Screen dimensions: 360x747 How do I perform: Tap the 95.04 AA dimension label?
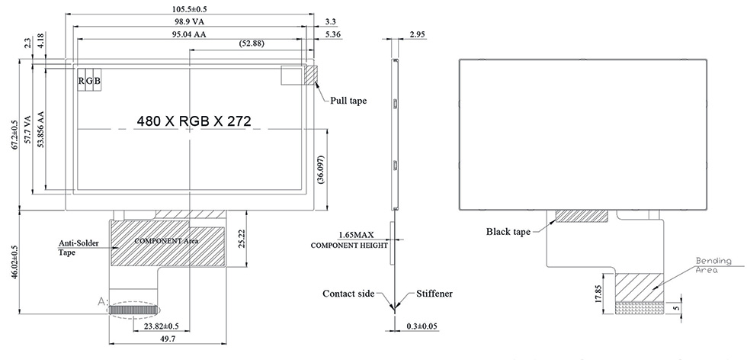(x=188, y=34)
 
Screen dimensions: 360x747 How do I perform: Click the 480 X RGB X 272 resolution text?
(x=194, y=121)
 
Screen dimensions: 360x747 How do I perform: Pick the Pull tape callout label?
(x=349, y=100)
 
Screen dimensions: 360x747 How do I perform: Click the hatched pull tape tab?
(x=311, y=74)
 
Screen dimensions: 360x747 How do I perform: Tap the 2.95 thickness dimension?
(x=417, y=35)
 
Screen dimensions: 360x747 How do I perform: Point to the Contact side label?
(x=348, y=294)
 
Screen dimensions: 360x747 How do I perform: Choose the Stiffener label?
(x=436, y=294)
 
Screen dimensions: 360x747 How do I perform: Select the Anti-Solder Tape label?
(x=77, y=248)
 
